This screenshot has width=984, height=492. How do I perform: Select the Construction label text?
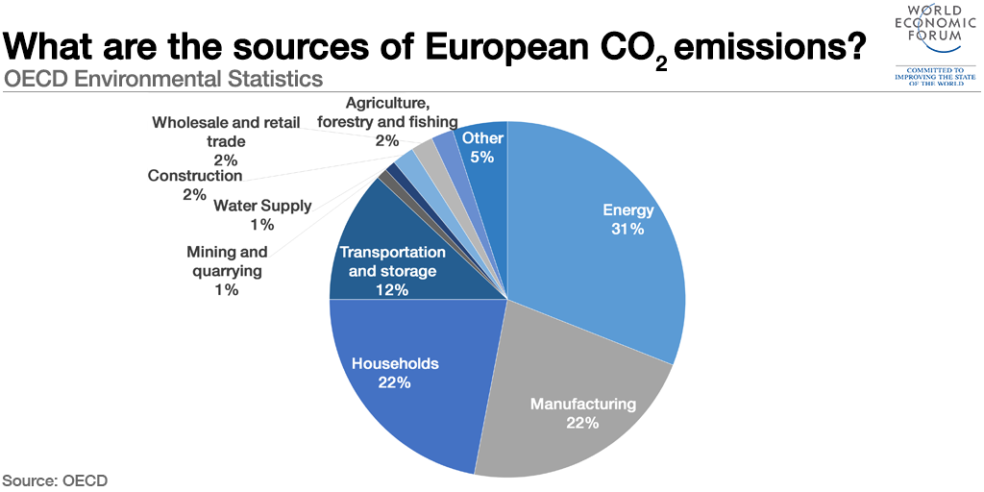pyautogui.click(x=195, y=176)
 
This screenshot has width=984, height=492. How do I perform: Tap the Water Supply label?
pyautogui.click(x=262, y=205)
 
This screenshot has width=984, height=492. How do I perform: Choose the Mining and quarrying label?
pyautogui.click(x=227, y=261)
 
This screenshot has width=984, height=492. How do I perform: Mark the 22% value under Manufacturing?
pyautogui.click(x=582, y=423)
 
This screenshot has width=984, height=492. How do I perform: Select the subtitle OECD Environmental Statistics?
pyautogui.click(x=162, y=78)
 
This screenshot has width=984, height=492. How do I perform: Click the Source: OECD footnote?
pyautogui.click(x=55, y=480)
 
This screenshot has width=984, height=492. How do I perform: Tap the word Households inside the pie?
pyautogui.click(x=395, y=363)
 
